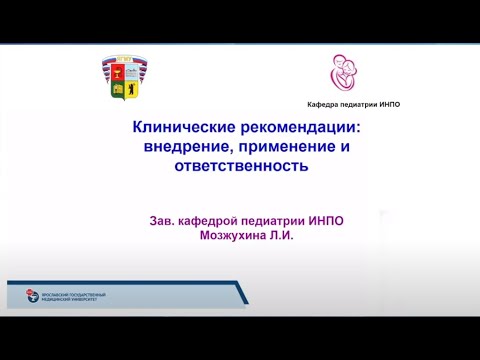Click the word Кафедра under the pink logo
click(324, 105)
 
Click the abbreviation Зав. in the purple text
click(161, 220)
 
